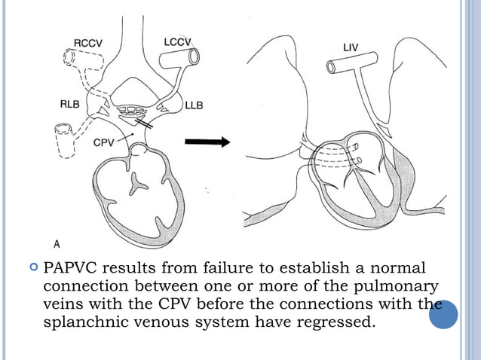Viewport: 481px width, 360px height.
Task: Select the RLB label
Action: (71, 105)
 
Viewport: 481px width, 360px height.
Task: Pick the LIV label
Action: (351, 47)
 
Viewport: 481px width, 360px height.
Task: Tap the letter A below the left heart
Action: (57, 243)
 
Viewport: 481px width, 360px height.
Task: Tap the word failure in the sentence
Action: (216, 269)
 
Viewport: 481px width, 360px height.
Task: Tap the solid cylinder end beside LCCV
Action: (195, 56)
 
